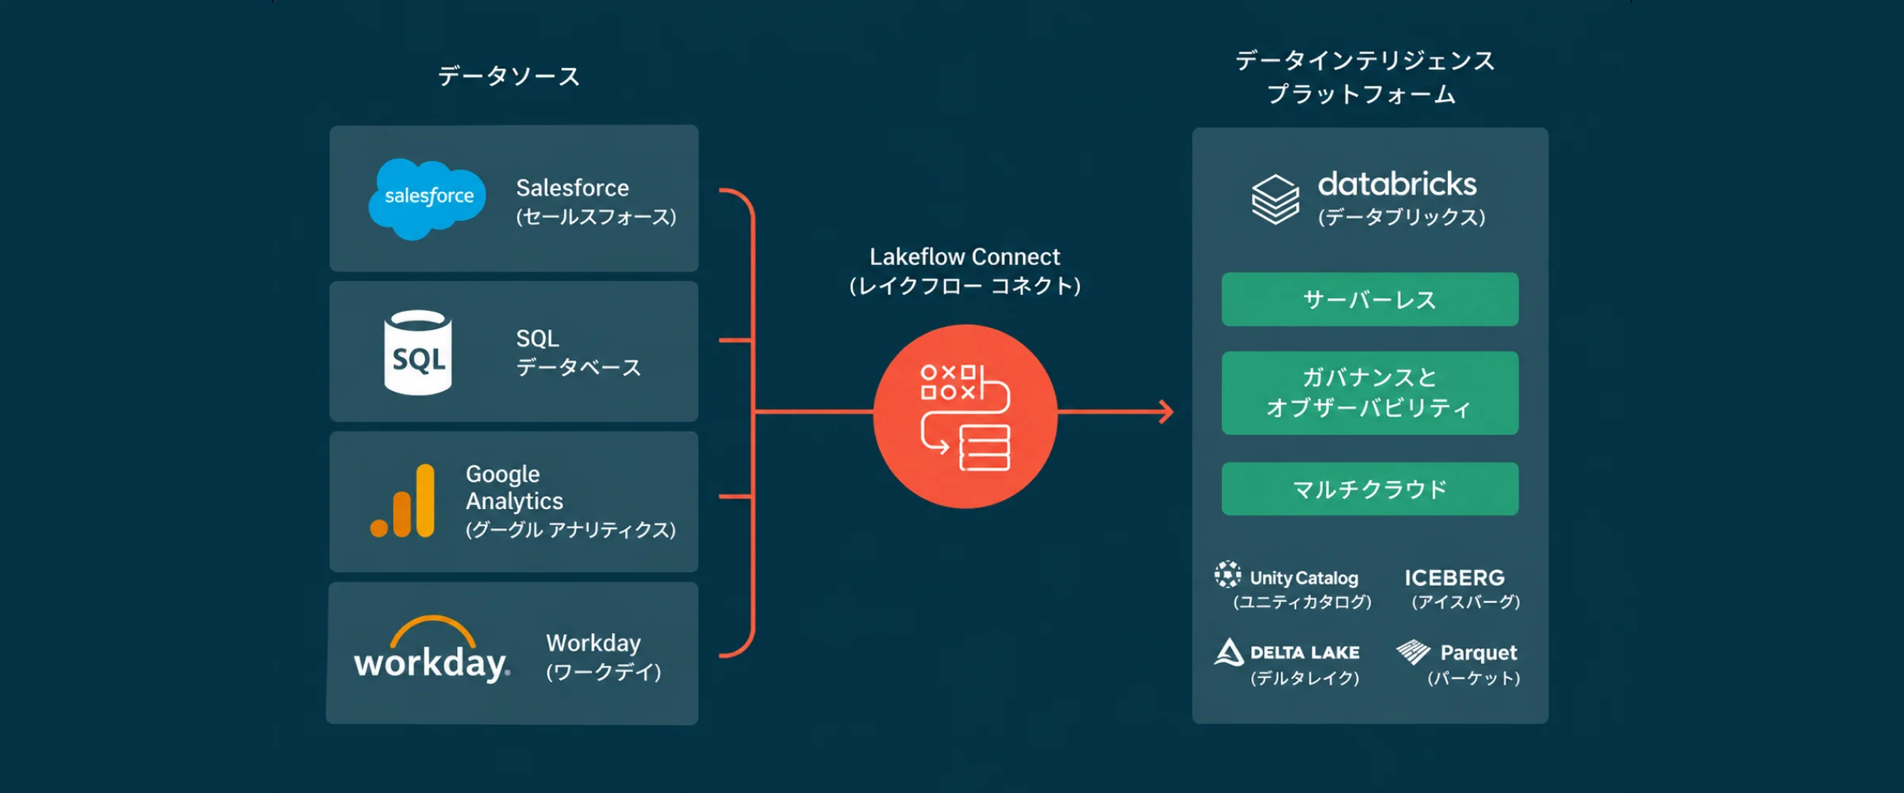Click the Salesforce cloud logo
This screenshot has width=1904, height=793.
point(427,198)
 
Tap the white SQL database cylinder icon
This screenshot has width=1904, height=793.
point(418,353)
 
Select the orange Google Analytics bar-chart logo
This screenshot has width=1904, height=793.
point(403,501)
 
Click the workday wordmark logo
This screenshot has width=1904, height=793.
point(432,650)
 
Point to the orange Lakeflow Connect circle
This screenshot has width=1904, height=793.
point(965,416)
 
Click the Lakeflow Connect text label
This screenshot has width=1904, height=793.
point(965,257)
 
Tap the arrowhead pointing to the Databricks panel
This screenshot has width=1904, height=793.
point(1165,412)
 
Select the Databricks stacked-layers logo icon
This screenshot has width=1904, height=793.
point(1275,199)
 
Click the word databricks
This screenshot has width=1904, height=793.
point(1397,184)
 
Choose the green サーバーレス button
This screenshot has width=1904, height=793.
point(1370,299)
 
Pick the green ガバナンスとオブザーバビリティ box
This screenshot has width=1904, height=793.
point(1370,393)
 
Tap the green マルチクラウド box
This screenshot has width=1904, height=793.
point(1370,488)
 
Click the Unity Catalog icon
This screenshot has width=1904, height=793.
point(1227,574)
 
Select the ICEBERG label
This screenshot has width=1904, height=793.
point(1455,577)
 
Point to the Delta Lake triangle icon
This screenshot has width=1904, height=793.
point(1229,652)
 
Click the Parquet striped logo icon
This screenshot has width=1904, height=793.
point(1413,651)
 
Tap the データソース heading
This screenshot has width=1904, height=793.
point(509,76)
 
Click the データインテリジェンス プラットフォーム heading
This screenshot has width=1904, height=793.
point(1365,77)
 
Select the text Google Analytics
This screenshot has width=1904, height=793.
point(514,488)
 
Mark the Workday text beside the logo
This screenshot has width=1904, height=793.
point(593,642)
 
